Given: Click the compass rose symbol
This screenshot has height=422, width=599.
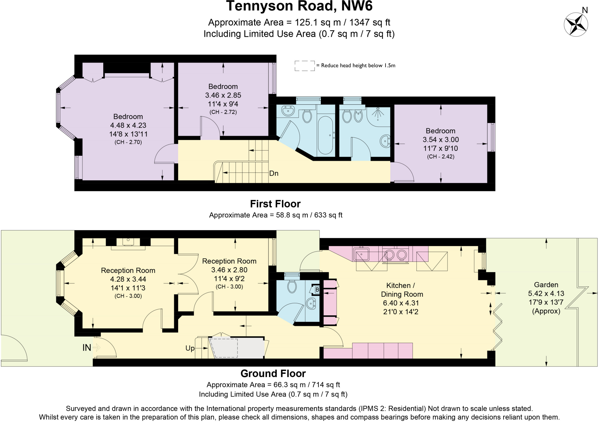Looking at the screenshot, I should point(576,25).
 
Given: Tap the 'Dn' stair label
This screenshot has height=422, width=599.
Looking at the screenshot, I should point(273,174).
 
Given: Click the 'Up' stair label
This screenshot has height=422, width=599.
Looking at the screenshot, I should point(190,348).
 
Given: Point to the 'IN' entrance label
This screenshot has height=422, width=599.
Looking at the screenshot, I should point(87,347).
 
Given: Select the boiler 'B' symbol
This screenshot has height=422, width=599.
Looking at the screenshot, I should point(317,290).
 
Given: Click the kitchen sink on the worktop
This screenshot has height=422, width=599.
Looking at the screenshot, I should point(362,254).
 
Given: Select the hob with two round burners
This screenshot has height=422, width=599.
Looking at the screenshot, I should point(395,255).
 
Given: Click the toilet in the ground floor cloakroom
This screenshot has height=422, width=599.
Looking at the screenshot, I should point(292,286).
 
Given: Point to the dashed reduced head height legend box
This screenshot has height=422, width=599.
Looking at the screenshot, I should point(304,66).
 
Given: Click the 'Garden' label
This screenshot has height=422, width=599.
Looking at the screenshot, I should point(546,285).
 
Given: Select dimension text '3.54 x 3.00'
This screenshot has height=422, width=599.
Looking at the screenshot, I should point(440,140).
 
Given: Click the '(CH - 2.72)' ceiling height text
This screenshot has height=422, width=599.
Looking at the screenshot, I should point(223,112).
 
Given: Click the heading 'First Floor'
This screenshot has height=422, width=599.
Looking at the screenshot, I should point(275,204).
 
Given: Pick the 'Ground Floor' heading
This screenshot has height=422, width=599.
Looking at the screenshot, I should point(273,373).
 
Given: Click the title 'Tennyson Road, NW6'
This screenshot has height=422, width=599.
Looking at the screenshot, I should point(299,6).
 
